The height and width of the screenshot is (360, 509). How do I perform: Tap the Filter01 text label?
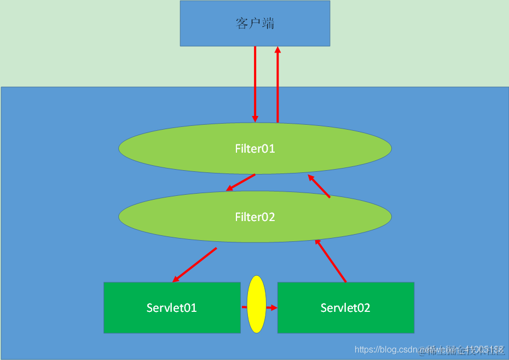(255, 148)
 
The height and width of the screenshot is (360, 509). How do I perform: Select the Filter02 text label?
(255, 217)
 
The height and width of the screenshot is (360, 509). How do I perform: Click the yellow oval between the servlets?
(257, 304)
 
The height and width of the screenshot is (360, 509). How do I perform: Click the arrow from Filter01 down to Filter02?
(241, 182)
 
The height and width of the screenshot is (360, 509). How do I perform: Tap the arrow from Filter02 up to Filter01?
(319, 186)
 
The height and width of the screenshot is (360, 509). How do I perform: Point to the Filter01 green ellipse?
(164, 149)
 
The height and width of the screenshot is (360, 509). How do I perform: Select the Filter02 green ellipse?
(164, 217)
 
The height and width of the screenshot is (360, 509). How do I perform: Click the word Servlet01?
(172, 307)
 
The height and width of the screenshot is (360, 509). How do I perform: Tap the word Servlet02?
(345, 307)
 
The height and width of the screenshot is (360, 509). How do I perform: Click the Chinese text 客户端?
(255, 24)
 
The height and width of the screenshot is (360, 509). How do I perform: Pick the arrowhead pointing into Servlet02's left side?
(274, 307)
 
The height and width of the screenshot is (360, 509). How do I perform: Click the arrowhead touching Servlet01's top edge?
(176, 280)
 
